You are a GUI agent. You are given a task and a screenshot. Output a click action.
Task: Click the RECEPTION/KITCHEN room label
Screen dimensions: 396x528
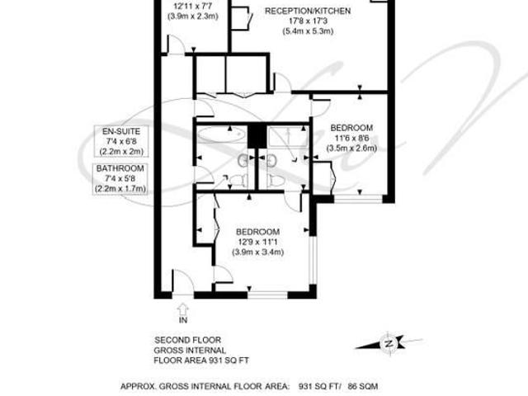coord(308,11)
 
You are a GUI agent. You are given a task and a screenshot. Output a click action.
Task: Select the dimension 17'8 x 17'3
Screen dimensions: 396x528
coord(308,21)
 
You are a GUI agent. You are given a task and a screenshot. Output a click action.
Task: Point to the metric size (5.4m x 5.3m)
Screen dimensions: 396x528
coord(308,32)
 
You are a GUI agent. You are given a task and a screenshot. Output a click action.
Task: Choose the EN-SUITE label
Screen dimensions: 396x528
coord(121,131)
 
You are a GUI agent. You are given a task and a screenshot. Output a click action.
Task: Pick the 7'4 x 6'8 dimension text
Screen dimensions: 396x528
coord(121,141)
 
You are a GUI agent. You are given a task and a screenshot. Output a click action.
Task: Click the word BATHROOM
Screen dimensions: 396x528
coord(121,168)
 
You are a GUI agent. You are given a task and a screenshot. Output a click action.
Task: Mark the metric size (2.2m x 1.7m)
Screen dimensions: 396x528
coord(121,188)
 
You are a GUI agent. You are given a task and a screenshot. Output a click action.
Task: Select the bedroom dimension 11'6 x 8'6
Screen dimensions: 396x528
coord(351,138)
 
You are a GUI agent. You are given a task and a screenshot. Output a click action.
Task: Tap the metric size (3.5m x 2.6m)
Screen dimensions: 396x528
coord(351,148)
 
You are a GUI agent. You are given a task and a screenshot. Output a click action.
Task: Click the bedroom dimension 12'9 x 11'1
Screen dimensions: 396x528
coord(257,242)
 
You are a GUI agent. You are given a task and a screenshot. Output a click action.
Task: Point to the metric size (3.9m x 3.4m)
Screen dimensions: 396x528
coord(257,252)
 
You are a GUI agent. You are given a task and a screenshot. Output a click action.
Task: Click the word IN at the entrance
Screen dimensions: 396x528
coord(183,320)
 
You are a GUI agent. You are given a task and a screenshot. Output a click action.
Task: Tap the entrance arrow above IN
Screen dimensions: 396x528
coord(183,308)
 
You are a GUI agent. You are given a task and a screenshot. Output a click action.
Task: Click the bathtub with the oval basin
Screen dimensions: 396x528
coord(220,132)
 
